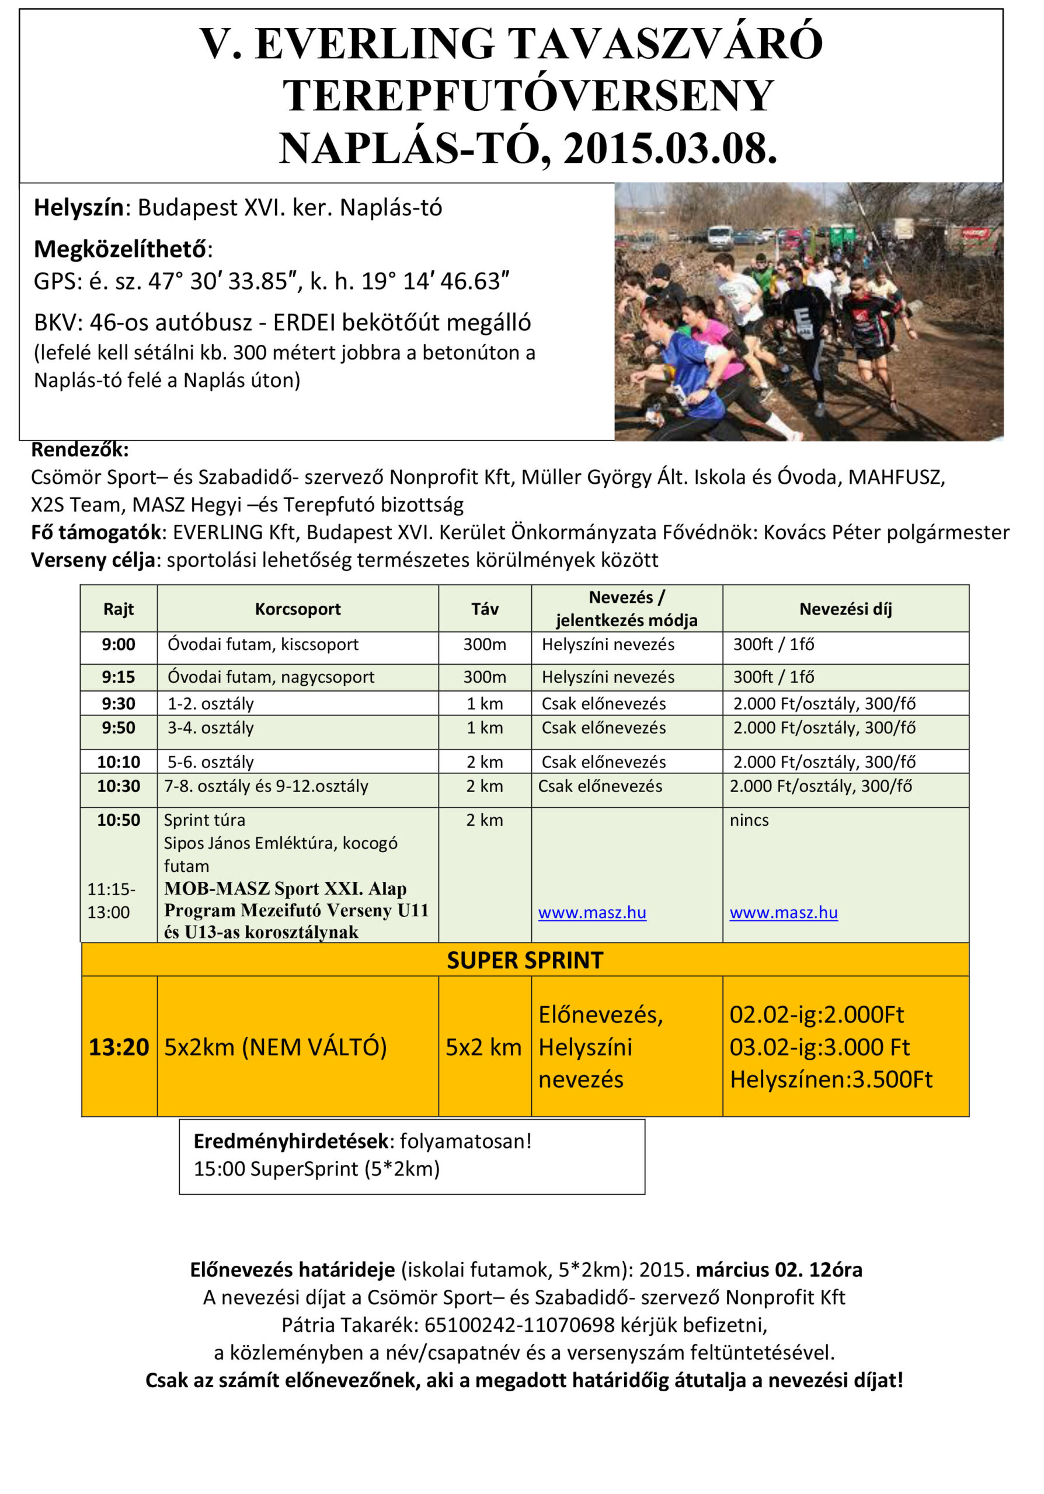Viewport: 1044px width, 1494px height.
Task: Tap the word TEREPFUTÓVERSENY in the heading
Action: coord(528,96)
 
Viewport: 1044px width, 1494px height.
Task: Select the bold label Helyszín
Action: coord(79,208)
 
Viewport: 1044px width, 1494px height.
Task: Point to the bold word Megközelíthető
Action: coord(120,249)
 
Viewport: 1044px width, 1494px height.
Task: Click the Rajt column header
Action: coord(119,609)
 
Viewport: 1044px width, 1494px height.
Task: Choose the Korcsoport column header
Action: coord(297,609)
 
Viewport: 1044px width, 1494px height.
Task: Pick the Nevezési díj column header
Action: coord(845,609)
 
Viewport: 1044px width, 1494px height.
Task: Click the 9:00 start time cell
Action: coord(119,645)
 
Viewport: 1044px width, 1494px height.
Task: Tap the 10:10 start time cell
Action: coord(119,762)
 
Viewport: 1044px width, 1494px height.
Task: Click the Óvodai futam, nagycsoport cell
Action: coord(271,678)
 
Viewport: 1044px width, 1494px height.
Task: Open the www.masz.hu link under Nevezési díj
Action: coord(783,913)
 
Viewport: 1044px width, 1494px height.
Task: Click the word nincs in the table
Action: coord(749,821)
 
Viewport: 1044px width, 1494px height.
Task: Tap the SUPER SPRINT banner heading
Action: coord(524,961)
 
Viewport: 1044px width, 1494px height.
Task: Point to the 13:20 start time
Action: coord(119,1047)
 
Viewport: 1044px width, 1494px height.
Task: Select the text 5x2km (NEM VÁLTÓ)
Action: coord(276,1047)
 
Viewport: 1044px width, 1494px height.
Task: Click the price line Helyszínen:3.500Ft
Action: coord(830,1080)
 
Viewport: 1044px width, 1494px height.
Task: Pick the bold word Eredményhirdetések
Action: coord(291,1142)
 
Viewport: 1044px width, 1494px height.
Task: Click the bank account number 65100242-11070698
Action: coord(518,1325)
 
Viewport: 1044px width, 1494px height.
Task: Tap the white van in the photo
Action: coord(719,237)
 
